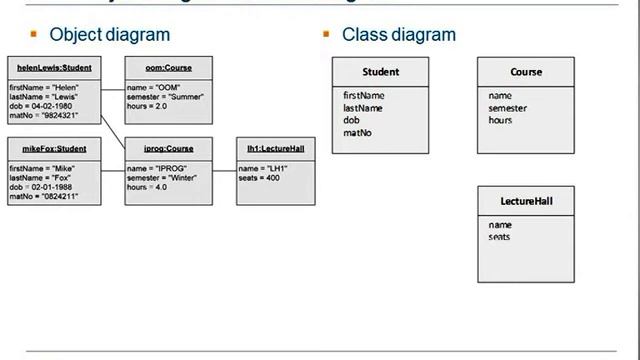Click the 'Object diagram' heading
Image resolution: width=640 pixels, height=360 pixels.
[109, 34]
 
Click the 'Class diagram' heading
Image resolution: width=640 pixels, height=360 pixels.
[398, 34]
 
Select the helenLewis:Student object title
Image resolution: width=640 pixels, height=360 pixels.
[54, 68]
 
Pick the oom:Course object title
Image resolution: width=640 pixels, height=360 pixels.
[168, 68]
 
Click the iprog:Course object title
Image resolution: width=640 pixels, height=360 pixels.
[168, 149]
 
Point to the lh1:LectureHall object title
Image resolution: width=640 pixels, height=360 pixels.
[275, 149]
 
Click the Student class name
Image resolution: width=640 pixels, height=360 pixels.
[380, 72]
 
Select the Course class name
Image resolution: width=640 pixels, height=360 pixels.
[526, 72]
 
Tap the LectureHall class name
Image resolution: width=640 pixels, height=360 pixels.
[526, 201]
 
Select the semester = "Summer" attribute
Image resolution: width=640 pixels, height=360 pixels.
[165, 97]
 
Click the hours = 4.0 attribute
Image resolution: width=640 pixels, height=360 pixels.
[149, 187]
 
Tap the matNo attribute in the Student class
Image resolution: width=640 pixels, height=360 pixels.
[357, 132]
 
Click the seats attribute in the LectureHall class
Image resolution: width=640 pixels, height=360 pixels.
[499, 237]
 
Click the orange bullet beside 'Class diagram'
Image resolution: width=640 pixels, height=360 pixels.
[326, 34]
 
